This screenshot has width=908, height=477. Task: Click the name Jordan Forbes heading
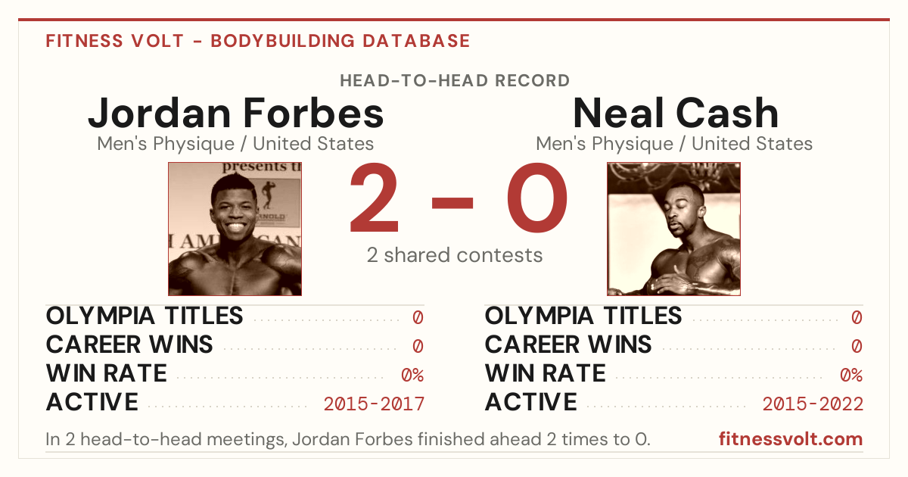235,113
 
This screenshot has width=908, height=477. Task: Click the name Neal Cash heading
676,113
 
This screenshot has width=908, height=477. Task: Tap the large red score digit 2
374,198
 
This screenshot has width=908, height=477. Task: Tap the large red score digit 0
537,198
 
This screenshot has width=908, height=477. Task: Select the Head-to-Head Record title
455,81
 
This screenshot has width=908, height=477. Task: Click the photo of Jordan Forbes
235,229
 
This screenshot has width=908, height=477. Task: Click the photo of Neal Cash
673,229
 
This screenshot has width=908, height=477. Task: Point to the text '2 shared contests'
455,255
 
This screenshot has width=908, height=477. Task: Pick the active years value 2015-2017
374,404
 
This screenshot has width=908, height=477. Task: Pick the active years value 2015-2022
813,404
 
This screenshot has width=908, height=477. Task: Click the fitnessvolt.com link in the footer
791,439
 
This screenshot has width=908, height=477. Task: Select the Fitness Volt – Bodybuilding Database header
258,41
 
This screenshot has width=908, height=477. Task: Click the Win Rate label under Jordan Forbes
107,373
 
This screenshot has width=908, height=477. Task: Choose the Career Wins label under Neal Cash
568,344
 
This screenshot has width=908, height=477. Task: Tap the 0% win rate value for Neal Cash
851,376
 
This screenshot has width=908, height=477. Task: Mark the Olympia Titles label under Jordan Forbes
145,316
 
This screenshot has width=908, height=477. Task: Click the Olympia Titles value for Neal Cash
857,317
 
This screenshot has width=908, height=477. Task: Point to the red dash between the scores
452,203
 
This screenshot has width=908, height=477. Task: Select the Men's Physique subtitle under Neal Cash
674,144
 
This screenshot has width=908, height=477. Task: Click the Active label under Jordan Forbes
92,402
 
